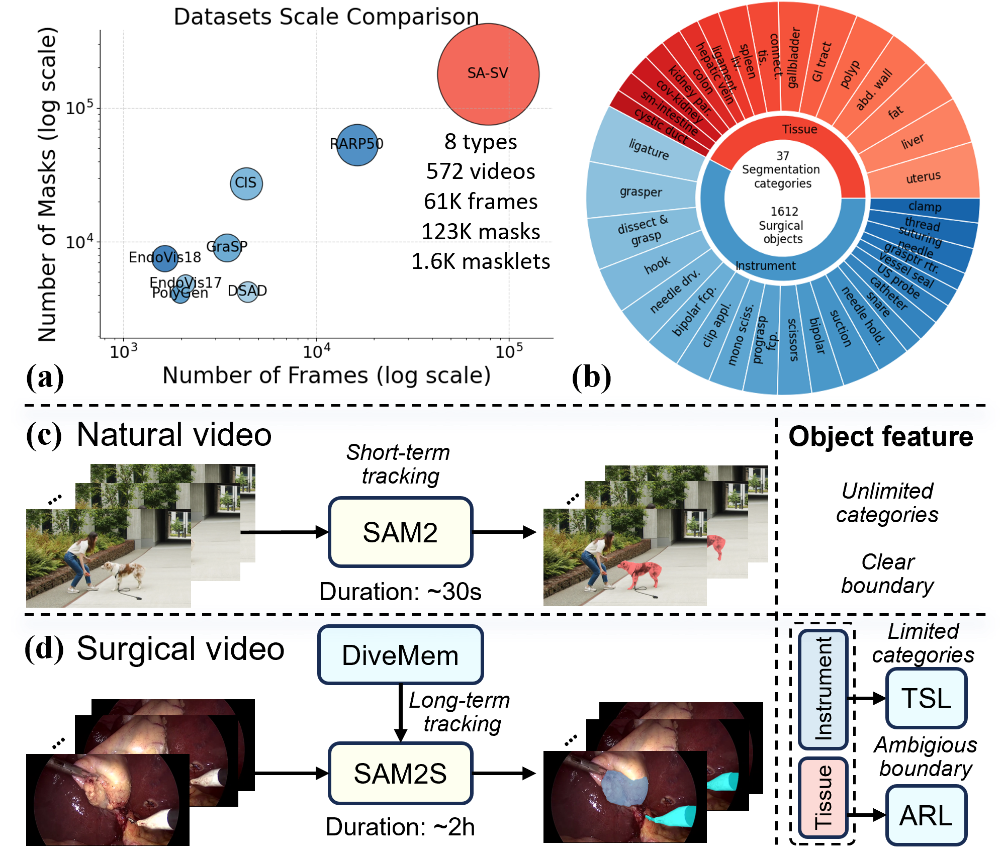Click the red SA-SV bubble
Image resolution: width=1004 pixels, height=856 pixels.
click(488, 74)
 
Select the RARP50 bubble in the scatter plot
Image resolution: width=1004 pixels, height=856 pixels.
click(357, 145)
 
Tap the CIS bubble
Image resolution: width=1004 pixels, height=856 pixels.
click(246, 183)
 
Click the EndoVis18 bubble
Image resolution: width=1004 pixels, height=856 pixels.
click(165, 258)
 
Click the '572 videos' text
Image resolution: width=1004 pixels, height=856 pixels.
click(480, 171)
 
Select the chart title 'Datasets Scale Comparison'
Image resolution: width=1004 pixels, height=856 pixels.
click(326, 17)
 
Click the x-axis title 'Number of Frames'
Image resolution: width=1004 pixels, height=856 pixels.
click(326, 375)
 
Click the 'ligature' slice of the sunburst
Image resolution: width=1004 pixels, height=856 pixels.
click(649, 149)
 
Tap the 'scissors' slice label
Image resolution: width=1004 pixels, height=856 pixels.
click(793, 339)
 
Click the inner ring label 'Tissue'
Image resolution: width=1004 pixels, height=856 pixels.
click(799, 129)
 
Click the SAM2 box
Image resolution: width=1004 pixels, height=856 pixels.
click(400, 532)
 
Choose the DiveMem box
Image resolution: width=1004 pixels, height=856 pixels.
click(400, 655)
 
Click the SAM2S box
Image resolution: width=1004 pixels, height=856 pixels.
click(400, 773)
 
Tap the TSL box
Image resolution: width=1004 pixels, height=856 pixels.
click(926, 698)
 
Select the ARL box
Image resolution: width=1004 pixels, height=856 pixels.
click(926, 815)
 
